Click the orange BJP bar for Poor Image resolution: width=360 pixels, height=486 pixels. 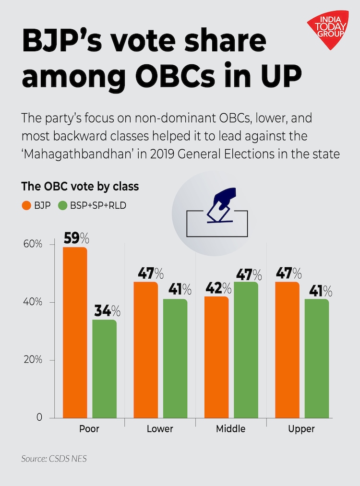pos(75,332)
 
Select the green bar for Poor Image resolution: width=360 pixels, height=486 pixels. pos(104,368)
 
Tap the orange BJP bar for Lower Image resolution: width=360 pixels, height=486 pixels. pos(145,349)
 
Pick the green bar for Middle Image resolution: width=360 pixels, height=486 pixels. pos(246,349)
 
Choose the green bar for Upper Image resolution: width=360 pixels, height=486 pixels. pos(317,358)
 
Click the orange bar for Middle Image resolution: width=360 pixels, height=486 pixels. pos(216,356)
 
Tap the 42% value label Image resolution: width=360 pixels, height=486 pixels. pos(217,288)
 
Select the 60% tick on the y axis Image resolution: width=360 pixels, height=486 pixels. pos(33,244)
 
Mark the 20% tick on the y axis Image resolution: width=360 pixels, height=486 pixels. pos(33,360)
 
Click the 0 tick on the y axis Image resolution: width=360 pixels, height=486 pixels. pos(39,418)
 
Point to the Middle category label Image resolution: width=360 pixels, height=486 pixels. pos(230,428)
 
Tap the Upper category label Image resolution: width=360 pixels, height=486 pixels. pos(301,428)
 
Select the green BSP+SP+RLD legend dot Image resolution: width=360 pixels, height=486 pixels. pos(62,206)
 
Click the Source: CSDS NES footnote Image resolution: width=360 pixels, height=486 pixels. pos(54,459)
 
